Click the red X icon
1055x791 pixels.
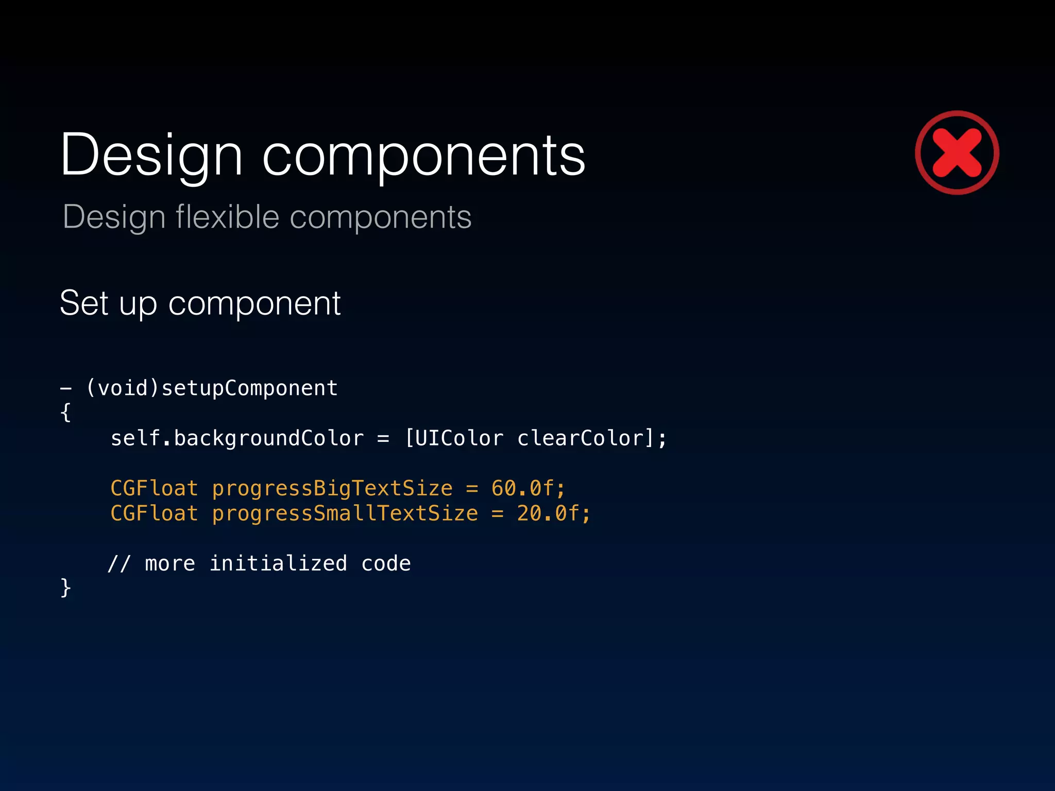coord(957,152)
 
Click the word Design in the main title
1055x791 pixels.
coord(151,155)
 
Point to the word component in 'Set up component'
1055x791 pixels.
coord(254,304)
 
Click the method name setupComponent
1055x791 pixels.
coord(249,388)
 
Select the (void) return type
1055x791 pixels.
coord(123,388)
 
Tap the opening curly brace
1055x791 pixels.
coord(65,412)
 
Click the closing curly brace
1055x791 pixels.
coord(65,588)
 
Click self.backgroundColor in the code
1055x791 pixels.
coord(237,438)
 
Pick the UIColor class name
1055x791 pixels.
coord(459,438)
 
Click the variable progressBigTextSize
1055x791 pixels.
coord(332,488)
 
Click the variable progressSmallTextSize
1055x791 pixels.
coord(345,513)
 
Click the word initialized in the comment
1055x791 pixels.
coord(278,563)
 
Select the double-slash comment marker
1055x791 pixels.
coord(119,563)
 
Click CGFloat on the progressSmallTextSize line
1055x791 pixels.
coord(154,513)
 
